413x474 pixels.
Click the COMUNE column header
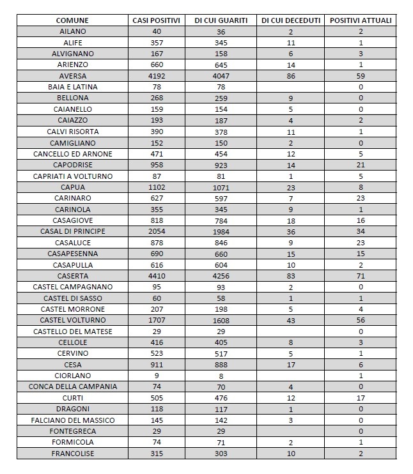point(72,20)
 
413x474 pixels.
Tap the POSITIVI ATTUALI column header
point(361,20)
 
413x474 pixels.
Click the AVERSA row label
point(72,75)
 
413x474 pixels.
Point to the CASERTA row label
point(72,276)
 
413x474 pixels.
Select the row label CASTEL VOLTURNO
point(72,320)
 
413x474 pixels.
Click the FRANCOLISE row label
point(72,454)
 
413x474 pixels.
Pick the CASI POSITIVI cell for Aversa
point(157,75)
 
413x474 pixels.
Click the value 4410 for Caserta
point(157,276)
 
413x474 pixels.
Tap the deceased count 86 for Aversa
point(290,75)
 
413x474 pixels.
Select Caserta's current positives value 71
point(361,276)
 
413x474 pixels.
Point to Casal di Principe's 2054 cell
point(157,231)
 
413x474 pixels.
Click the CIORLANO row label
point(72,376)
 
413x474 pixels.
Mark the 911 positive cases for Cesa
point(157,365)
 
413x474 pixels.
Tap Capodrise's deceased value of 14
point(290,165)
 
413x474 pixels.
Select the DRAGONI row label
point(72,409)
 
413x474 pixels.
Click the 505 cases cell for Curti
point(157,398)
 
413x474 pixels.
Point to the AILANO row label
point(72,31)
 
